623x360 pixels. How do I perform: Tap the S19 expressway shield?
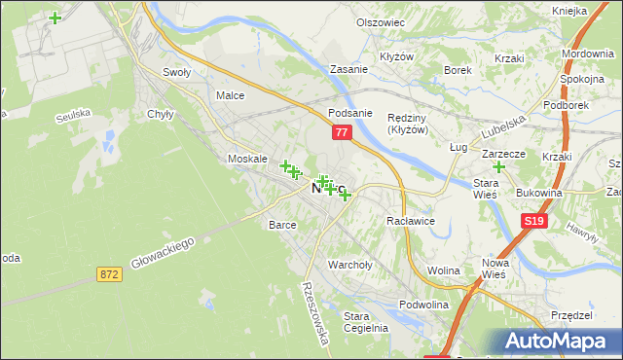[532, 222]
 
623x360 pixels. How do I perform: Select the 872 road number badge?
[109, 275]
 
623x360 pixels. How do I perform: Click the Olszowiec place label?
[380, 22]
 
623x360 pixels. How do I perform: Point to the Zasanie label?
[348, 70]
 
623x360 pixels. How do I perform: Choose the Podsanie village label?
[350, 113]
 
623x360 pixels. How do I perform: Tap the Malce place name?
[230, 95]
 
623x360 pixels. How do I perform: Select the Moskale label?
[246, 159]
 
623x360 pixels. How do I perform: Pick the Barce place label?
[282, 225]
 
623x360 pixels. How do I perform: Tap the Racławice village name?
[410, 222]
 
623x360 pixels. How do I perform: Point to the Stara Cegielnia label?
[366, 321]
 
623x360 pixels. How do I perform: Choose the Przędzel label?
[571, 315]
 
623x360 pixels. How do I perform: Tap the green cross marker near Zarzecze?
[499, 167]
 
